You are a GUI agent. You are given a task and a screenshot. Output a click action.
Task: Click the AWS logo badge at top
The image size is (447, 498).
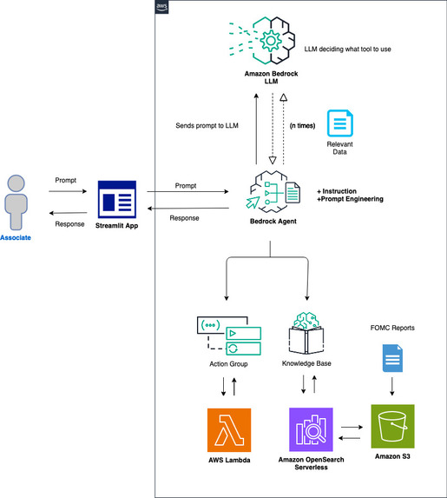tap(161, 8)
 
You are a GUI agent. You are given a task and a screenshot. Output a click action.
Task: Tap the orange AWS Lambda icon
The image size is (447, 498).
tap(230, 429)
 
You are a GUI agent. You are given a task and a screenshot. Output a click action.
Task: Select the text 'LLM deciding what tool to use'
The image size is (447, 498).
tap(347, 49)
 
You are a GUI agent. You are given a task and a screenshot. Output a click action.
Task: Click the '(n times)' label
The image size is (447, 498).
tap(302, 126)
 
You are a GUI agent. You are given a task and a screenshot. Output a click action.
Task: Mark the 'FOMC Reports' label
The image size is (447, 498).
tap(392, 329)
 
